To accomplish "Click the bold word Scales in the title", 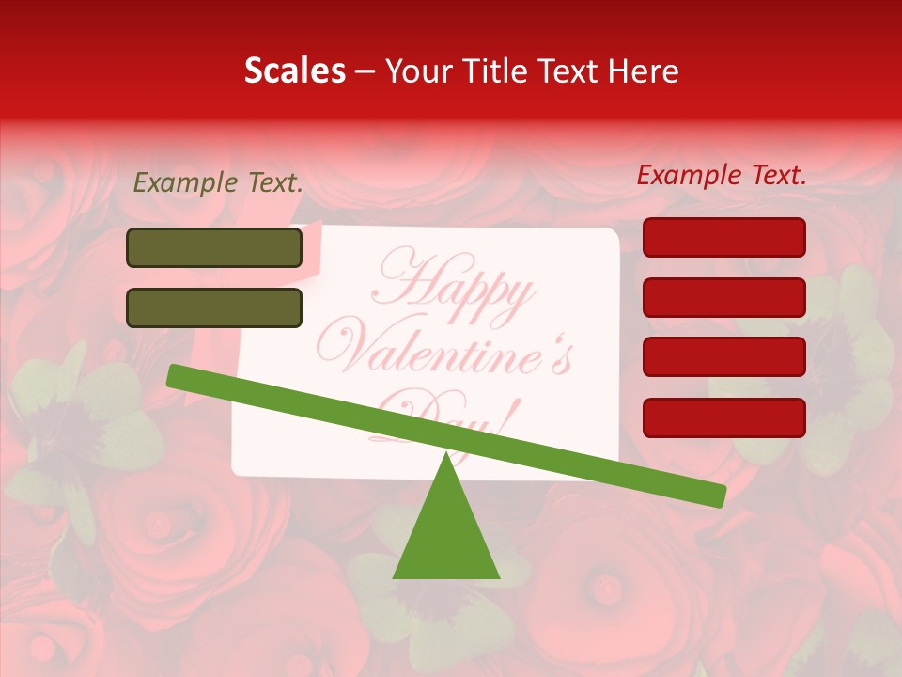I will (294, 71).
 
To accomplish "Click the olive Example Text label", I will (217, 183).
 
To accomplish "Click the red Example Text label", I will (722, 175).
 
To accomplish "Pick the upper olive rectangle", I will (214, 248).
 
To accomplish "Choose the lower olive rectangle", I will (214, 307).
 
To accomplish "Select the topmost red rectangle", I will (723, 237).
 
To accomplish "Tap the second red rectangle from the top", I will (723, 297).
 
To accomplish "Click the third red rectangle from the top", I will (723, 356).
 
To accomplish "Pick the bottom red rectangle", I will (723, 417).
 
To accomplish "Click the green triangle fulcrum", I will (446, 536).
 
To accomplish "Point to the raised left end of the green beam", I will (175, 375).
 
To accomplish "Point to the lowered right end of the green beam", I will (718, 496).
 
